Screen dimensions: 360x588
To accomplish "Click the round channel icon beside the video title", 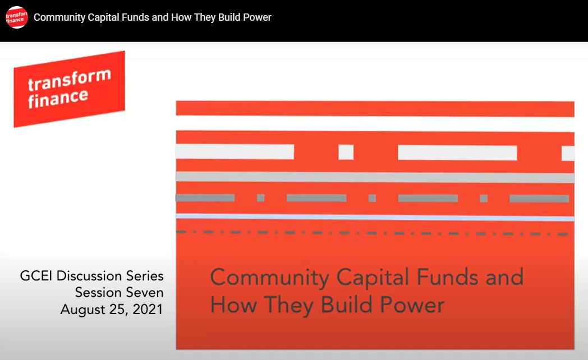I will point(17,17).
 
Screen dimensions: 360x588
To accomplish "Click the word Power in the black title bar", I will point(257,17).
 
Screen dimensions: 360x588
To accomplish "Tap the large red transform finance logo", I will point(69,89).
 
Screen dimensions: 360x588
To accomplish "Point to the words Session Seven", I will point(120,292).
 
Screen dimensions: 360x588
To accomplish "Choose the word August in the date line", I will point(82,309).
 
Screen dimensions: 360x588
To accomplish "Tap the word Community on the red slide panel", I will point(270,278).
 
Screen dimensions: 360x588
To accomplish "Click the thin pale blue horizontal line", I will point(375,218).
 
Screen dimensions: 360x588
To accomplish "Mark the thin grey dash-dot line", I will point(375,233).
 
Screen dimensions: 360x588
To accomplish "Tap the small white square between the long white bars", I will point(346,152).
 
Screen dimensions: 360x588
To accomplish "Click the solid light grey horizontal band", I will point(375,177).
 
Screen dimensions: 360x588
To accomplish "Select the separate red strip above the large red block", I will point(375,109).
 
